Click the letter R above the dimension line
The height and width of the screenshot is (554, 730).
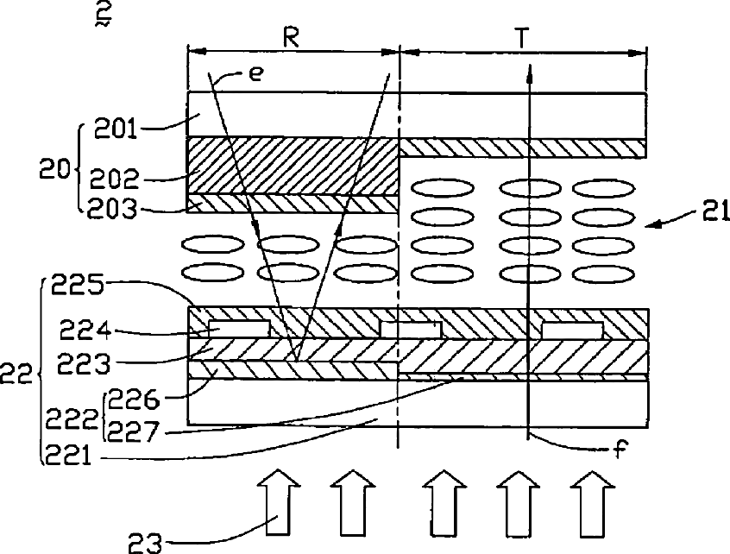291,37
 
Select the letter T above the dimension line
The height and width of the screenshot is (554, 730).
523,37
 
